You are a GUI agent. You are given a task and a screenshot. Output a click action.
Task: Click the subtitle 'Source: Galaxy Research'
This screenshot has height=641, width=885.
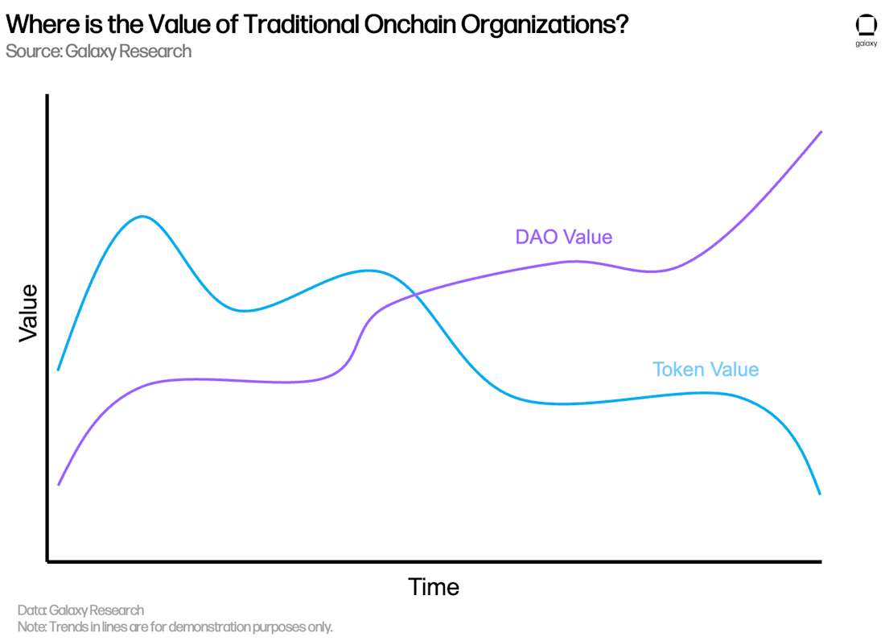(98, 52)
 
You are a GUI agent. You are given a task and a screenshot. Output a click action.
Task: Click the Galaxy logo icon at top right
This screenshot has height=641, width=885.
(866, 27)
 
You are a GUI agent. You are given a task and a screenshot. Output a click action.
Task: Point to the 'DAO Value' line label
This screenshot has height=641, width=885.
(563, 237)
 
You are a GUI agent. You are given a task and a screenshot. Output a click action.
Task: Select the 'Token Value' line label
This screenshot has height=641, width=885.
(705, 370)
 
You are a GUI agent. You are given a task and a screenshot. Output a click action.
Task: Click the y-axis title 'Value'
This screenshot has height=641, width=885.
(28, 312)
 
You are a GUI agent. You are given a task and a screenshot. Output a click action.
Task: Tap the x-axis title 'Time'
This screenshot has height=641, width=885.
(434, 587)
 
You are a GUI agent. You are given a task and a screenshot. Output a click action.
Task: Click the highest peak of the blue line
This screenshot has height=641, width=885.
(142, 217)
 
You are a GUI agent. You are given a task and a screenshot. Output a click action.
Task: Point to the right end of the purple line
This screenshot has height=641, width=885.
(821, 131)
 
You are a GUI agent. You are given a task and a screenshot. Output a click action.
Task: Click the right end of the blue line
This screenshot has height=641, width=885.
(820, 494)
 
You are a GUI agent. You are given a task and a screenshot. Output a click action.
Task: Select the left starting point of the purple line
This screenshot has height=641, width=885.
(59, 485)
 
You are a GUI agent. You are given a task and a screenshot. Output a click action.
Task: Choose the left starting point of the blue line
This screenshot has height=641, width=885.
(59, 370)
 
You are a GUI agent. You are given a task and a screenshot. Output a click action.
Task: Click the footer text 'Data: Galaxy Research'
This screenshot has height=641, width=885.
(80, 610)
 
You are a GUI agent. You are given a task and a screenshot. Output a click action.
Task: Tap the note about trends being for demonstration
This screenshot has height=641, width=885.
(175, 627)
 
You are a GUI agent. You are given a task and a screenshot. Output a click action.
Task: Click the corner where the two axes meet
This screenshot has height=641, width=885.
(48, 560)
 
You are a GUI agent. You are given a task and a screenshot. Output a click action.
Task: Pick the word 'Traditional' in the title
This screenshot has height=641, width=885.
(301, 25)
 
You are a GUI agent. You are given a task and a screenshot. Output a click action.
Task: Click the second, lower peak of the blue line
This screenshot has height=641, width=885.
(368, 271)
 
